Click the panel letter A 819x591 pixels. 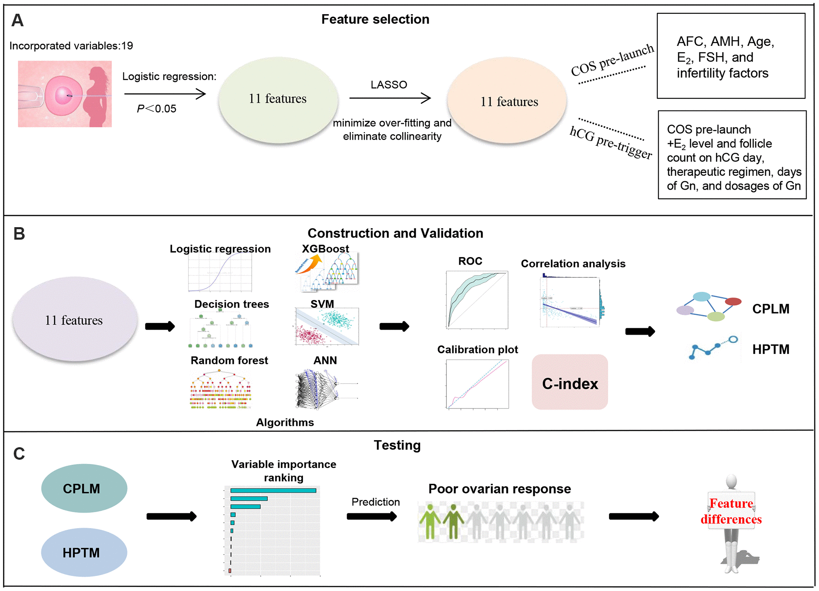coord(17,20)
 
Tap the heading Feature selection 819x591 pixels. coord(375,19)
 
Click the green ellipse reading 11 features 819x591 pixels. coord(278,99)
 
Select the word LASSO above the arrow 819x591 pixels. coord(388,85)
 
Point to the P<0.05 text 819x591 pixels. coord(157,109)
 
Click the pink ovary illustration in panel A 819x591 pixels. coord(65,94)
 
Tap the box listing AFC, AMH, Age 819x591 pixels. coord(731,56)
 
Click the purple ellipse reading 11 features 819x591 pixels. coord(74,320)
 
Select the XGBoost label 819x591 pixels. coord(325,249)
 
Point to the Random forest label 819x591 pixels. coord(229,361)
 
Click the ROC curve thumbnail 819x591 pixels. coord(477,300)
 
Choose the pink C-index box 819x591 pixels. coord(570,382)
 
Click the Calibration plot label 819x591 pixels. coord(478,350)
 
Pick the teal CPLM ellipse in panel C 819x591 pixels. coord(84,488)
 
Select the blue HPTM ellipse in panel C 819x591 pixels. coord(84,552)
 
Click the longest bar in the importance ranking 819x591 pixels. coord(273,491)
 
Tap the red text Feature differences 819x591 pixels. coord(731,511)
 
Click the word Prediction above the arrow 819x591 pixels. coord(376,502)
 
